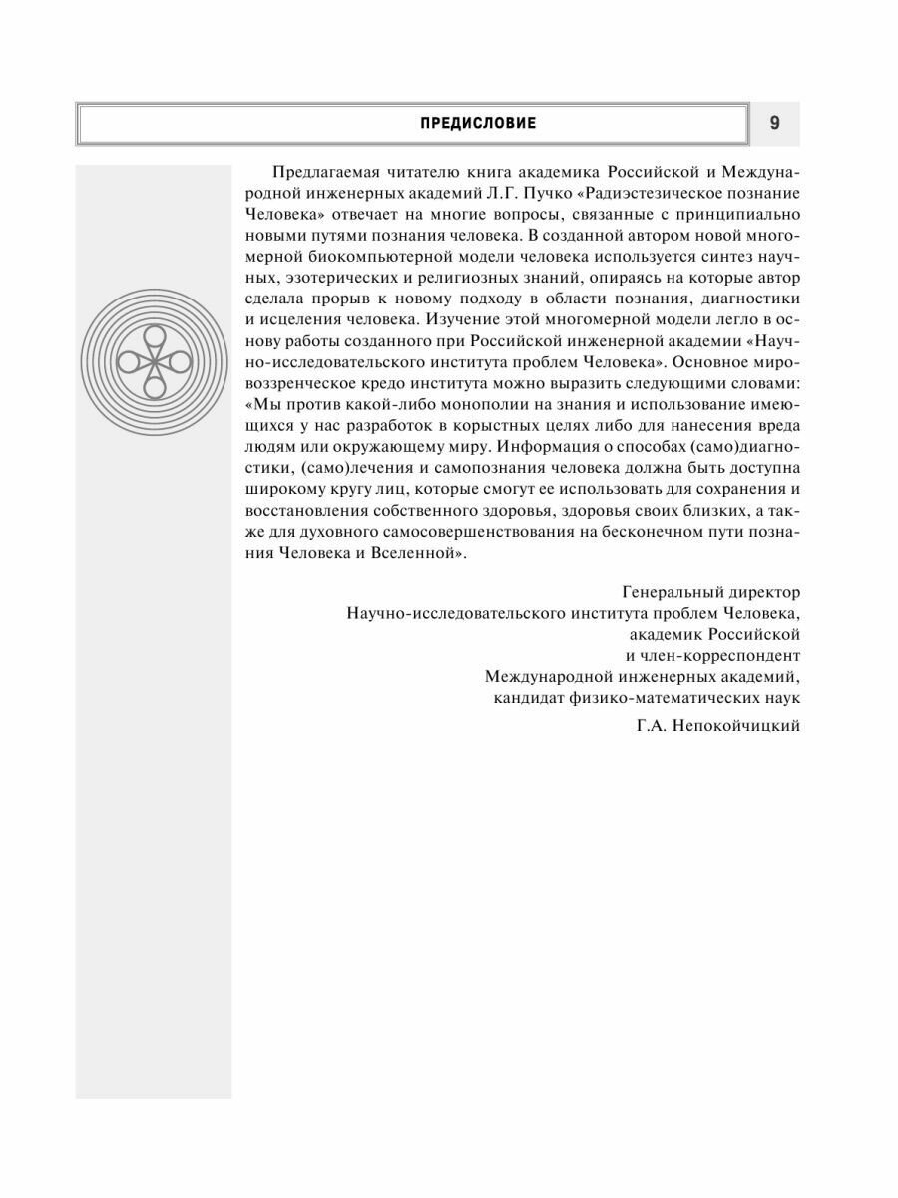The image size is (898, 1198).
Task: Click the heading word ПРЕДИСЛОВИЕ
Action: tap(479, 123)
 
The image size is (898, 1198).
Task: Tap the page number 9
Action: tap(775, 123)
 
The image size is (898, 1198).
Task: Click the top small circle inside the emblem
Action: tap(156, 336)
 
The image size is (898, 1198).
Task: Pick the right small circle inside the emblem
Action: tap(181, 360)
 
